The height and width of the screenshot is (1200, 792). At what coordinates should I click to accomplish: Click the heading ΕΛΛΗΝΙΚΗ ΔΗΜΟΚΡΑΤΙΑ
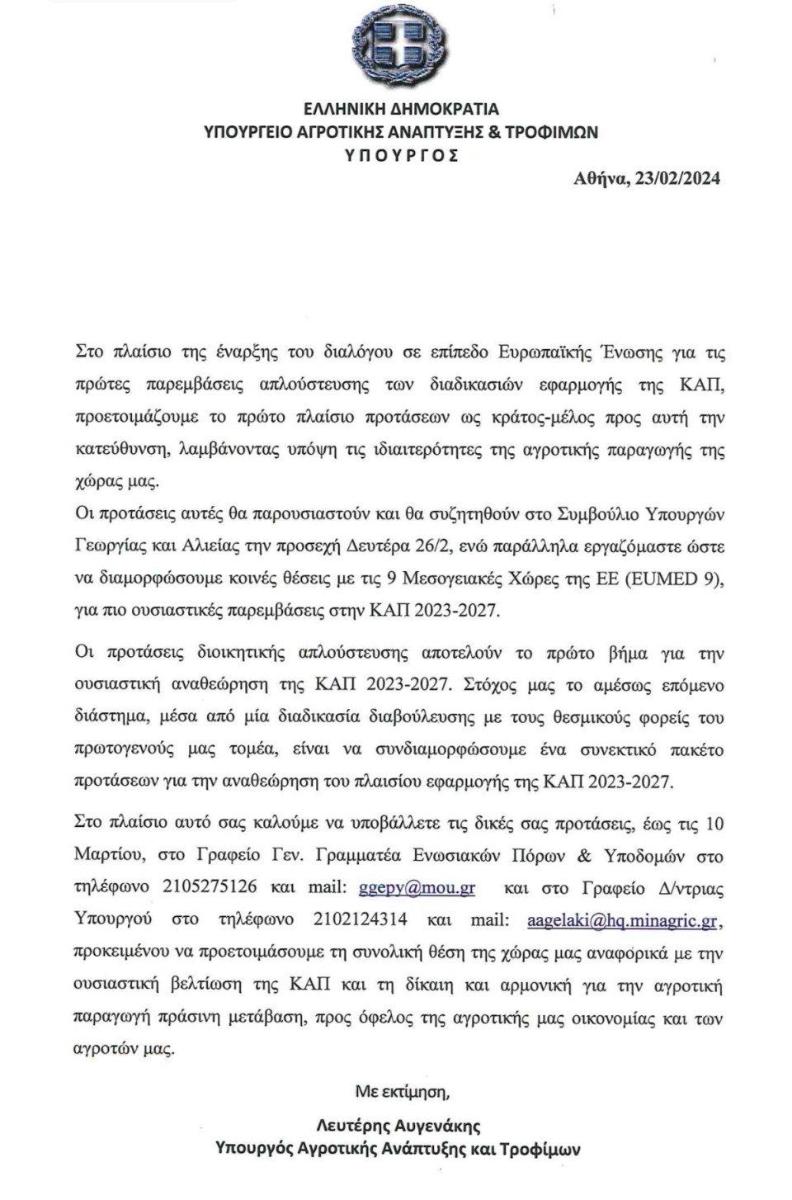pos(401,109)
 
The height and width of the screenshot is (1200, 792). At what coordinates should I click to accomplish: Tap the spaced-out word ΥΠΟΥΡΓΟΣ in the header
pos(401,155)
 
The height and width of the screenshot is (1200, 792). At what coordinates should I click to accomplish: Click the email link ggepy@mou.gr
pos(417,888)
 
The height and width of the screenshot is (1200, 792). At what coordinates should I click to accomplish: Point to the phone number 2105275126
pos(210,887)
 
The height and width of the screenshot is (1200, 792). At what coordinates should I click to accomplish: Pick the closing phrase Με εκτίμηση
pos(403,1091)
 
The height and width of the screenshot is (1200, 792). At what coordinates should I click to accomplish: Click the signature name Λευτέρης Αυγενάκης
pos(398,1125)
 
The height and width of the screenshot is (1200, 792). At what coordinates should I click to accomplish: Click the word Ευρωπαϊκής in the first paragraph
pos(545,352)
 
